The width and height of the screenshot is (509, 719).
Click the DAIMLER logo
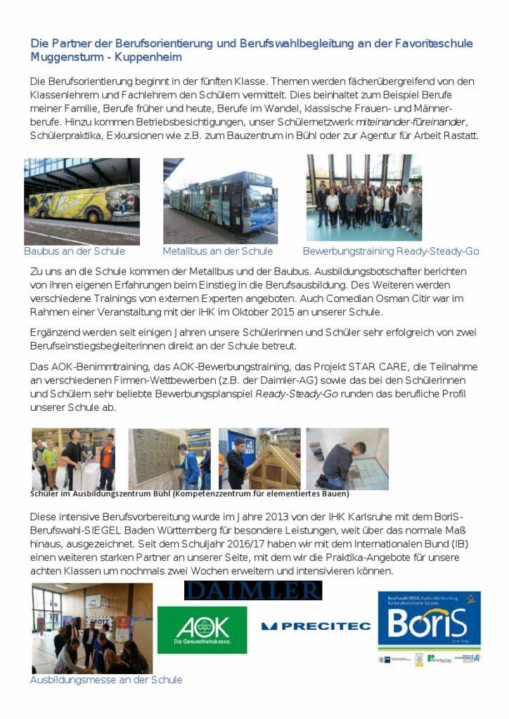pos(252,591)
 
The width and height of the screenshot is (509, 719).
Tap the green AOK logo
pos(202,630)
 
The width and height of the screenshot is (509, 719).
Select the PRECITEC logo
pos(316,626)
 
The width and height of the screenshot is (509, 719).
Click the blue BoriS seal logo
pos(429,627)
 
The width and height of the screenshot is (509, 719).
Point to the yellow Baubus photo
pos(82,201)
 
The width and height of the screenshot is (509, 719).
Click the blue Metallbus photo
pos(220,201)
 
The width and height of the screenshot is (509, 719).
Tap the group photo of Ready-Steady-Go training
pos(363,198)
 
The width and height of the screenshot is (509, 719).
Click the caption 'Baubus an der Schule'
pos(75,251)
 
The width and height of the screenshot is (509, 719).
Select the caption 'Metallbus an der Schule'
pos(217,251)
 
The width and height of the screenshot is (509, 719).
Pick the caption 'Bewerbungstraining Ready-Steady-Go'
pos(390,251)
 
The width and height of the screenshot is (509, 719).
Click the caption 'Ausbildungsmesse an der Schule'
pos(105,680)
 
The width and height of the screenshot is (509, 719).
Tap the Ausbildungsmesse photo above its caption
pos(91,628)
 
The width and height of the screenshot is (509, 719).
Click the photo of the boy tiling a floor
pos(347,459)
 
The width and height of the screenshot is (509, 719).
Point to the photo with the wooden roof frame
pos(259,459)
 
